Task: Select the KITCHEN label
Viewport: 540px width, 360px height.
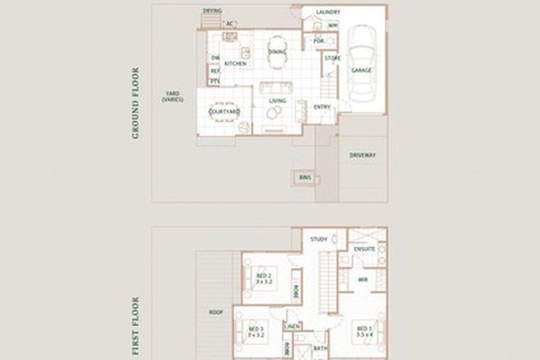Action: click(x=236, y=64)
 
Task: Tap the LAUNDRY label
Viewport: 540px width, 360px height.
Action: click(x=328, y=12)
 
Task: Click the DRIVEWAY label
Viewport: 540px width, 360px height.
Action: click(x=362, y=155)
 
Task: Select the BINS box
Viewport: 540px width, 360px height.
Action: click(x=304, y=177)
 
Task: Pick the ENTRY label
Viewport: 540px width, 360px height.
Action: click(x=322, y=106)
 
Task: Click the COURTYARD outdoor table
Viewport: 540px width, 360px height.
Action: click(x=223, y=112)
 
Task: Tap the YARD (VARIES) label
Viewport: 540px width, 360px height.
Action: click(x=172, y=97)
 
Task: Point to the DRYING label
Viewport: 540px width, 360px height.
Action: click(x=212, y=11)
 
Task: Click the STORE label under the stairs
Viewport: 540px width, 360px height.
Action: click(x=332, y=58)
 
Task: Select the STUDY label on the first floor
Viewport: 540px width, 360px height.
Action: click(x=318, y=239)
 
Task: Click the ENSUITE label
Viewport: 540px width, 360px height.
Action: click(x=365, y=248)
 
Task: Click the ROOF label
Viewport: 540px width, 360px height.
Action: click(x=216, y=312)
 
